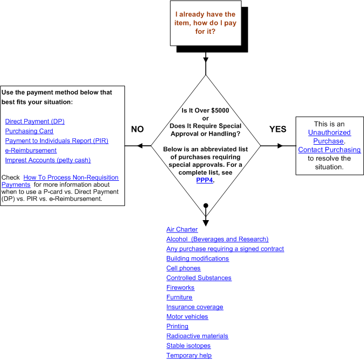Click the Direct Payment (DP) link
[x=34, y=122]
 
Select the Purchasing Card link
[x=29, y=131]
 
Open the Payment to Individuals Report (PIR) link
[x=57, y=141]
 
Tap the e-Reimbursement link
[x=31, y=151]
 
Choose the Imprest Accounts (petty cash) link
[x=48, y=160]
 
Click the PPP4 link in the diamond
[x=205, y=180]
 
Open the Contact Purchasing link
[x=330, y=150]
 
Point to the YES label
[x=278, y=129]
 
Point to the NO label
[x=138, y=129]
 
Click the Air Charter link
[x=182, y=230]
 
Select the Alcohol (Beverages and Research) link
[x=217, y=239]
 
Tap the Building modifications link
[x=198, y=259]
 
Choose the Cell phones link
[x=183, y=269]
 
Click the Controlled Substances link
[x=199, y=278]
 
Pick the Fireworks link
[x=180, y=288]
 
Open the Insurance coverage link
[x=194, y=307]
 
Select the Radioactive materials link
[x=197, y=336]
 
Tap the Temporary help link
[x=189, y=356]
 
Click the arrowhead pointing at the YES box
[x=279, y=146]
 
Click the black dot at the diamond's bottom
[x=206, y=206]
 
